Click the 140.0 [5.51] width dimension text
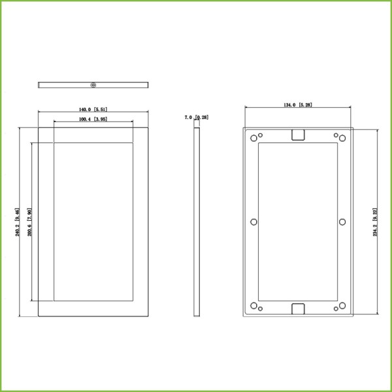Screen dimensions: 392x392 [x=93, y=110]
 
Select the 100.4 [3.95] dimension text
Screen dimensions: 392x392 [x=93, y=120]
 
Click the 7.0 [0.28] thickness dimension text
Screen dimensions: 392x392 [x=197, y=118]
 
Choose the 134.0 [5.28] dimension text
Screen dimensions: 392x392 [x=298, y=105]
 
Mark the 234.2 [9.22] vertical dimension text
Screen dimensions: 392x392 [x=375, y=222]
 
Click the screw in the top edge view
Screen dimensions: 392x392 [x=93, y=84]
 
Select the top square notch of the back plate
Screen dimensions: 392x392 [x=298, y=134]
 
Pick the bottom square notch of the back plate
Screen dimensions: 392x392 [x=298, y=310]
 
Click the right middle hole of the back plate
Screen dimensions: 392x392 [x=342, y=222]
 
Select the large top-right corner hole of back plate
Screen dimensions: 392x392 [x=342, y=139]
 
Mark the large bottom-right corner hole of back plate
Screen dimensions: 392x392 [x=342, y=305]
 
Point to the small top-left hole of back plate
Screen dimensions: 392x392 [x=261, y=135]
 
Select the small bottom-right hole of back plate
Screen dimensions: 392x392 [x=336, y=308]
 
